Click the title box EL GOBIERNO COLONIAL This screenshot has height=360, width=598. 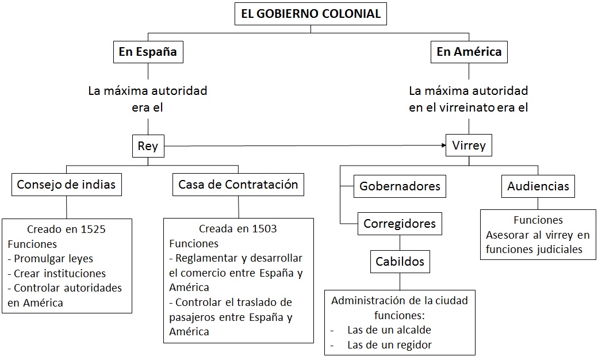tap(310, 14)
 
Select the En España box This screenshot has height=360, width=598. tap(148, 52)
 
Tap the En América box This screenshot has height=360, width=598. tap(469, 52)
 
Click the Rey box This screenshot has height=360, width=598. tap(148, 146)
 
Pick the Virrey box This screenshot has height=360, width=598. tap(469, 145)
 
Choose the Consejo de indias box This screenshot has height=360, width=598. tap(66, 185)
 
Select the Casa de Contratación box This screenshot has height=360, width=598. tap(238, 185)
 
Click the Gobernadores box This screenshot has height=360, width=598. tap(400, 186)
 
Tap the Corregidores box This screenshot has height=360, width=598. tap(400, 223)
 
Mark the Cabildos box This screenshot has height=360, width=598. tap(400, 262)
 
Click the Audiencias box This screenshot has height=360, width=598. tap(538, 186)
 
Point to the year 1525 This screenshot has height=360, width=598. tap(93, 229)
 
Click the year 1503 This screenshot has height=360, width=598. tap(264, 229)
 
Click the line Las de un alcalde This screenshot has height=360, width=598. tap(389, 330)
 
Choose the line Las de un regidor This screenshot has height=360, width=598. tap(389, 345)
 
